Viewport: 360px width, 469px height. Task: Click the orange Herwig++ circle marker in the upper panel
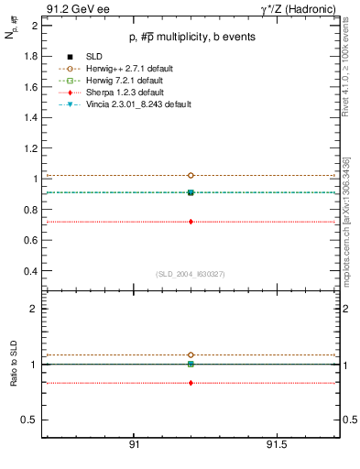pyautogui.click(x=191, y=175)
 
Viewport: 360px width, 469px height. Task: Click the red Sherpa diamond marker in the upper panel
pyautogui.click(x=191, y=222)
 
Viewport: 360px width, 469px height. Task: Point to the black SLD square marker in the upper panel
pyautogui.click(x=191, y=192)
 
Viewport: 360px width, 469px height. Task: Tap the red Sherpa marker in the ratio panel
pyautogui.click(x=191, y=383)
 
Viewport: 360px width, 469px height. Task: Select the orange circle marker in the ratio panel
pyautogui.click(x=191, y=354)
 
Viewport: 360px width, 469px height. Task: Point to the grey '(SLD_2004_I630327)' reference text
pyautogui.click(x=190, y=274)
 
